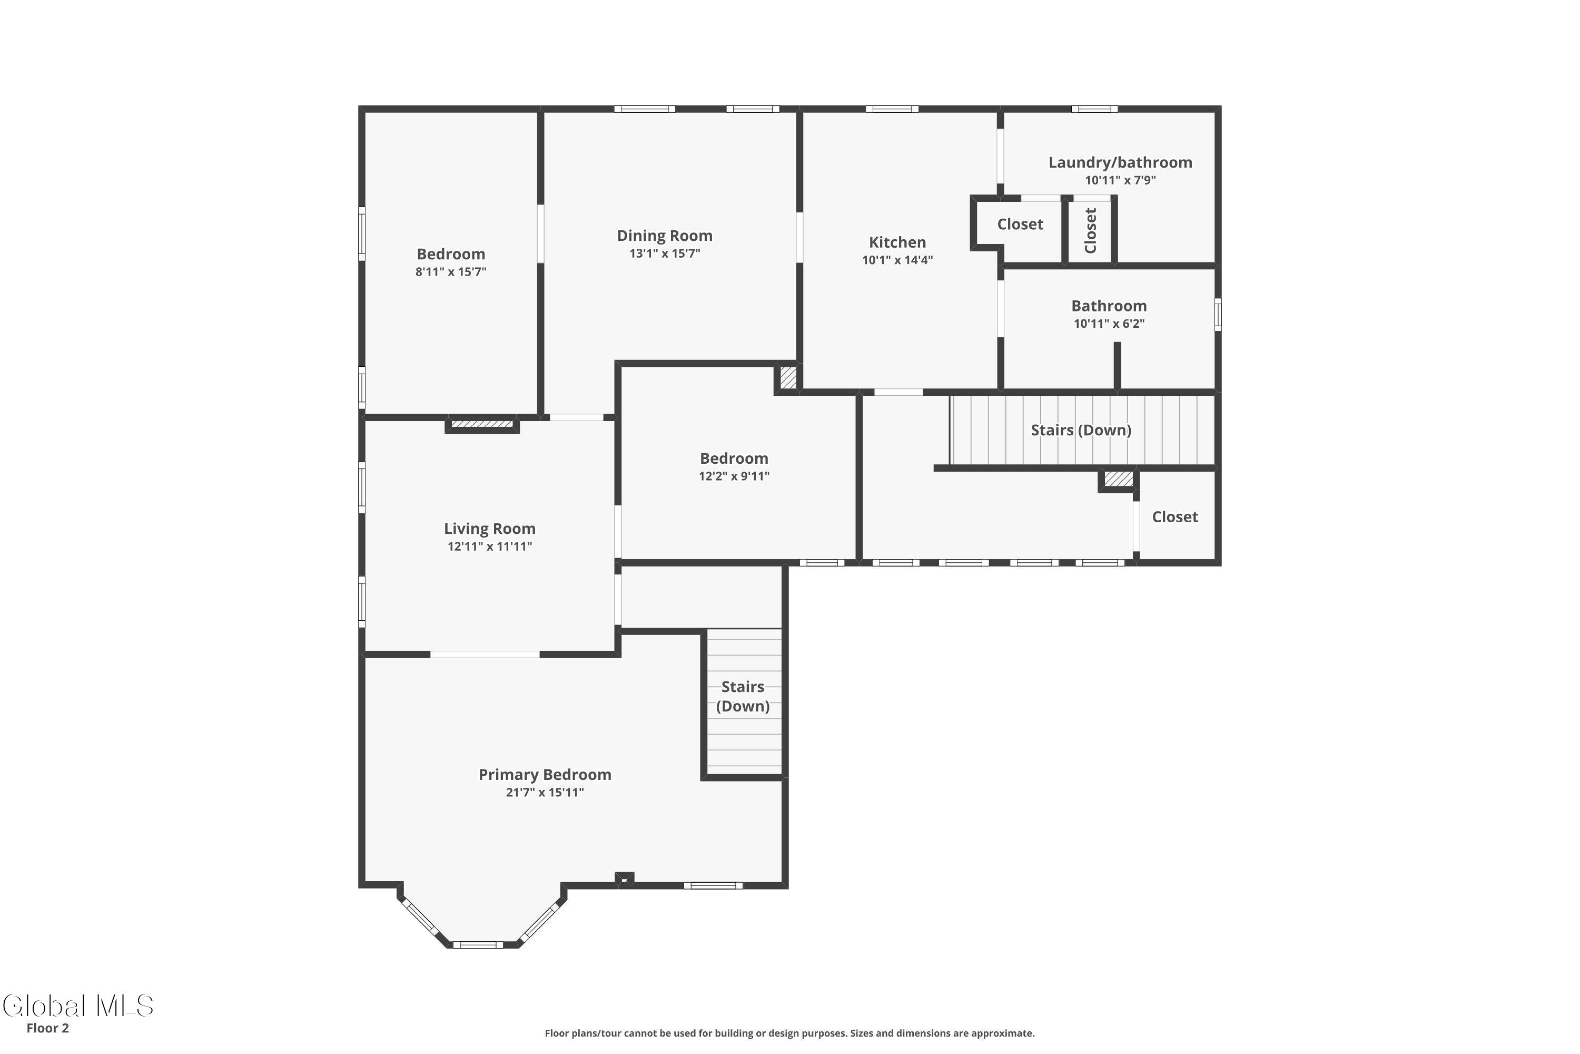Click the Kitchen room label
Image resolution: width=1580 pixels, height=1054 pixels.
897,242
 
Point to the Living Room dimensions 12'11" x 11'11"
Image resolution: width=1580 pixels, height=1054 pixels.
490,546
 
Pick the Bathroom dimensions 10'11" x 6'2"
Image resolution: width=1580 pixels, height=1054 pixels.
1109,324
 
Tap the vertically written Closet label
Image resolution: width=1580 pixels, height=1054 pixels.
1090,231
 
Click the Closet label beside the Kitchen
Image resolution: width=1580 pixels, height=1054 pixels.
1020,224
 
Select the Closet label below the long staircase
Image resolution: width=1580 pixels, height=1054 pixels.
1175,517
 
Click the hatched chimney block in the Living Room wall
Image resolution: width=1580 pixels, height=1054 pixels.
482,424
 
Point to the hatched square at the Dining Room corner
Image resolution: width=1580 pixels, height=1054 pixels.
788,377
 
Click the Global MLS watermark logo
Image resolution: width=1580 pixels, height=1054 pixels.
78,1006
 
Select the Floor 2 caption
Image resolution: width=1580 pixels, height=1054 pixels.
48,1028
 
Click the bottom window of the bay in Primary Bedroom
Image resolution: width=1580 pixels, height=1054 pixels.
478,944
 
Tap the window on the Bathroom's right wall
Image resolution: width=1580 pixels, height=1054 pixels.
1218,314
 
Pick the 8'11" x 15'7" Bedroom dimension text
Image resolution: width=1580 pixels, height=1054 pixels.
451,271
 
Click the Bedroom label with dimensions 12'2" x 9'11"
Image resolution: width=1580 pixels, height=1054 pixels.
734,458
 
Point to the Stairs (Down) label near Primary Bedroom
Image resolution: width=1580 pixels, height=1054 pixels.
743,696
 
